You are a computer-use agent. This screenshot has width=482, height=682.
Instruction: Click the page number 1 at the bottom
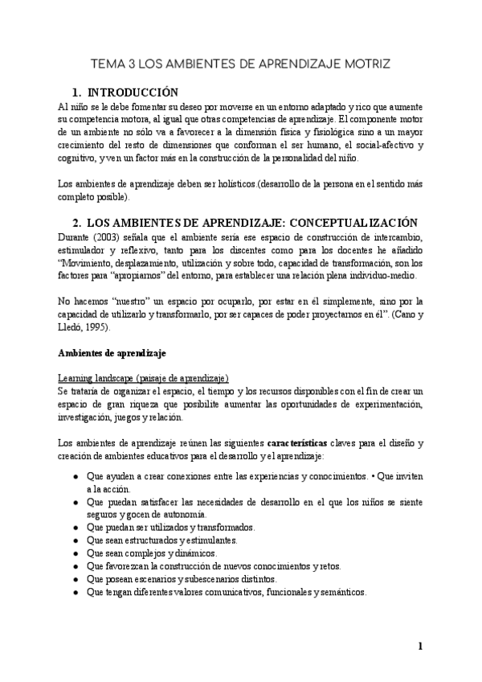(419, 646)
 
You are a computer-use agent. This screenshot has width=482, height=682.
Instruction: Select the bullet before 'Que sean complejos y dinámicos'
(75, 553)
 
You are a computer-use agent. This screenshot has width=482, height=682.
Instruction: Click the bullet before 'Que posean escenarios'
(75, 579)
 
